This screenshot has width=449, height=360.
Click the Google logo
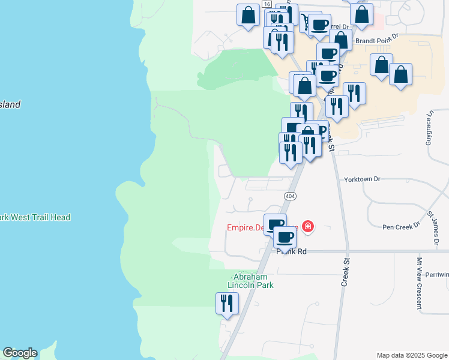click(20, 353)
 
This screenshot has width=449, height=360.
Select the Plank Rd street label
click(292, 251)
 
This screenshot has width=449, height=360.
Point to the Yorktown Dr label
click(363, 179)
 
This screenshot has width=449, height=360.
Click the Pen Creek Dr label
click(400, 227)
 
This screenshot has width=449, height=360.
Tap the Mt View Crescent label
click(419, 282)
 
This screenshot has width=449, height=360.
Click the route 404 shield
click(290, 196)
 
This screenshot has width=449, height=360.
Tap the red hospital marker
click(307, 226)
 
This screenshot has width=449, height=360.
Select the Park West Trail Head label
click(35, 217)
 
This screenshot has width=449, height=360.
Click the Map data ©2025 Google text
click(411, 355)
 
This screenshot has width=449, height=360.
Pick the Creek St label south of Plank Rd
click(345, 272)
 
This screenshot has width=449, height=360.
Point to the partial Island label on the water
click(10, 104)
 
